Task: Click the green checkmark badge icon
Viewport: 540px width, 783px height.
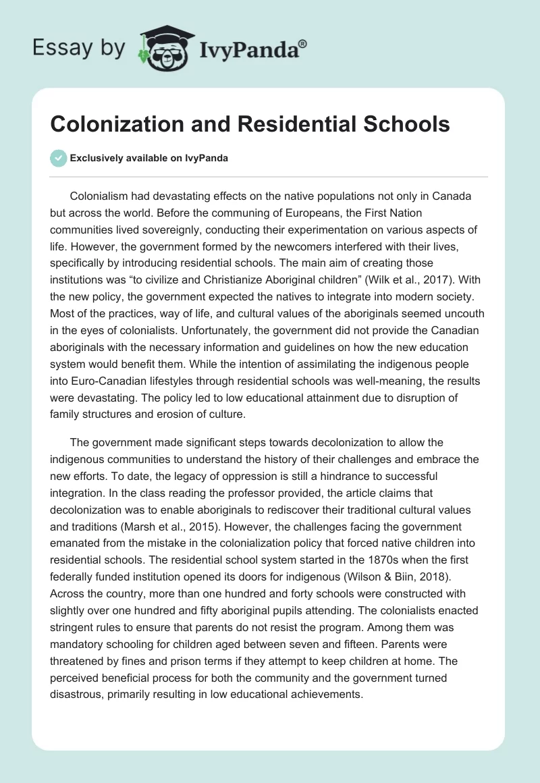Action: point(58,158)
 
